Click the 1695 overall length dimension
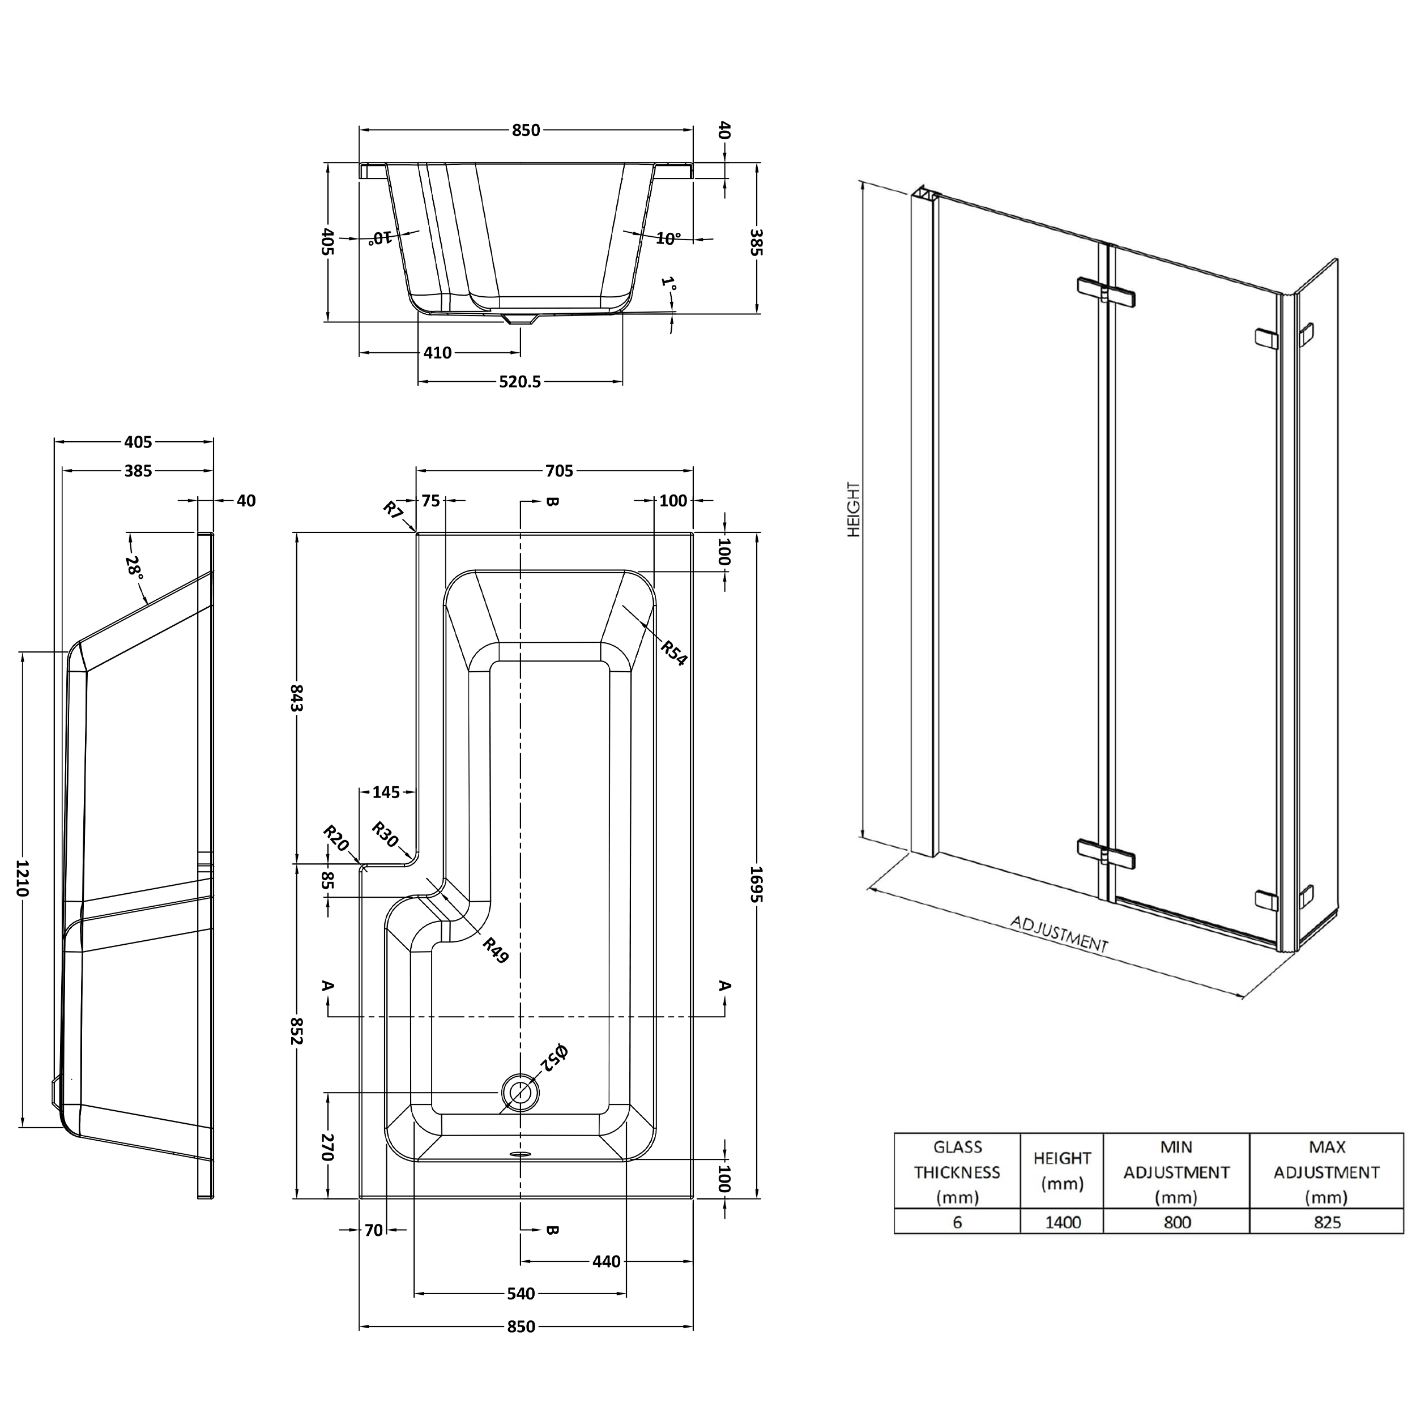tap(756, 885)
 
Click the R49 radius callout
tap(496, 950)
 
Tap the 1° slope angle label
tap(668, 284)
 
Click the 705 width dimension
tap(559, 471)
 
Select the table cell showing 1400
tap(1062, 1222)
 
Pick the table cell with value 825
tap(1327, 1222)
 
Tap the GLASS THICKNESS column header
tap(957, 1172)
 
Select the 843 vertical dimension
tap(296, 698)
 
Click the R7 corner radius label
tap(393, 509)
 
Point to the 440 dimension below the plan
tap(606, 1261)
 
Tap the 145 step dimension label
tap(386, 792)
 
